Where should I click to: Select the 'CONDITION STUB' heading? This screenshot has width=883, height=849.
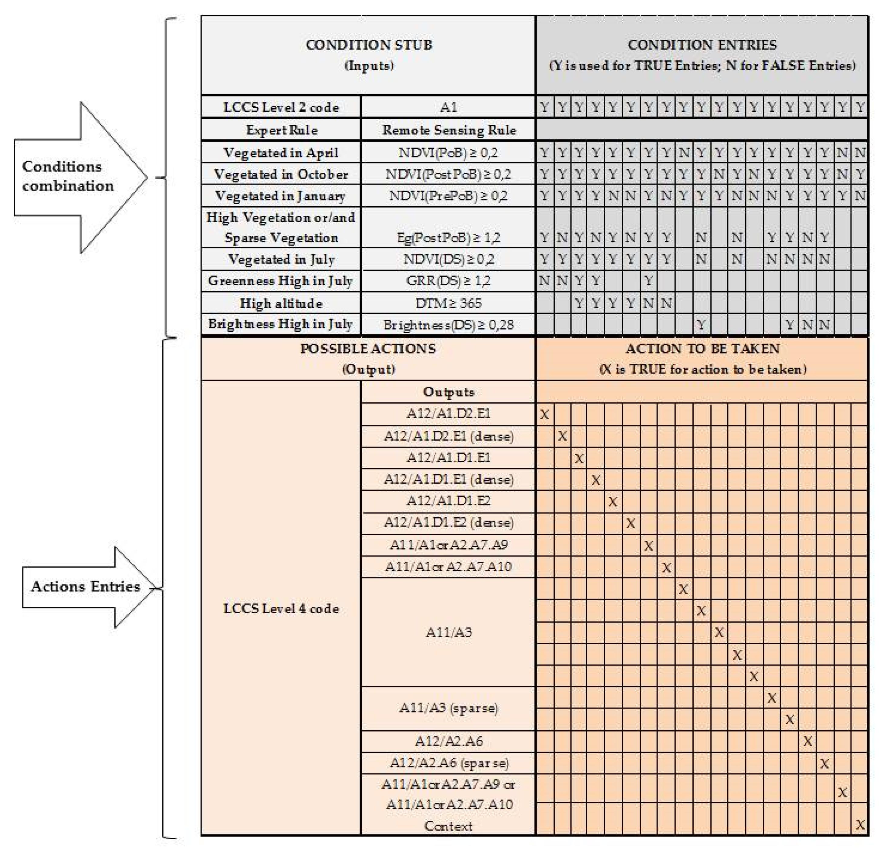pyautogui.click(x=368, y=45)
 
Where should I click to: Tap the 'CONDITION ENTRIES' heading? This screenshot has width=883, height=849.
pyautogui.click(x=702, y=45)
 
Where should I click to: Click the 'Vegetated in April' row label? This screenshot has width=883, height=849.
pyautogui.click(x=281, y=153)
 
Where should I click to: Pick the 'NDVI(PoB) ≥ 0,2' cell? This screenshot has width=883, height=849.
pyautogui.click(x=448, y=153)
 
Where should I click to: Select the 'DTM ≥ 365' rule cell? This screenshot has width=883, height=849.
pyautogui.click(x=448, y=303)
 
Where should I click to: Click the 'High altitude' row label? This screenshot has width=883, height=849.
pyautogui.click(x=281, y=303)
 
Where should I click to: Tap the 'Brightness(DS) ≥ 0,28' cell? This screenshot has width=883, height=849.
pyautogui.click(x=448, y=325)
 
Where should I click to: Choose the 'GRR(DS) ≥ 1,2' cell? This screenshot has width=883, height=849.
pyautogui.click(x=448, y=281)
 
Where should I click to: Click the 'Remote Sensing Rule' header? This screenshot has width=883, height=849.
pyautogui.click(x=449, y=130)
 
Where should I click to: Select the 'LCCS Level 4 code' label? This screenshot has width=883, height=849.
pyautogui.click(x=281, y=608)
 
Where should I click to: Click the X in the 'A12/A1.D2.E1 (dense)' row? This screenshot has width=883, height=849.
pyautogui.click(x=562, y=436)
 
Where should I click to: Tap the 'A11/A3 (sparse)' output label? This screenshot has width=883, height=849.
pyautogui.click(x=448, y=708)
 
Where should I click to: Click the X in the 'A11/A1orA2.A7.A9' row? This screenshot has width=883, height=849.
pyautogui.click(x=648, y=546)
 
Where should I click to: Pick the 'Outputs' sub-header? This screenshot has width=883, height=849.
pyautogui.click(x=448, y=392)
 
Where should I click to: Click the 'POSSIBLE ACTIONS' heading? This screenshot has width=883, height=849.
pyautogui.click(x=368, y=349)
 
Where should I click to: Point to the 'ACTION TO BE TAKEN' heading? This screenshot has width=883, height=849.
pyautogui.click(x=702, y=349)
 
